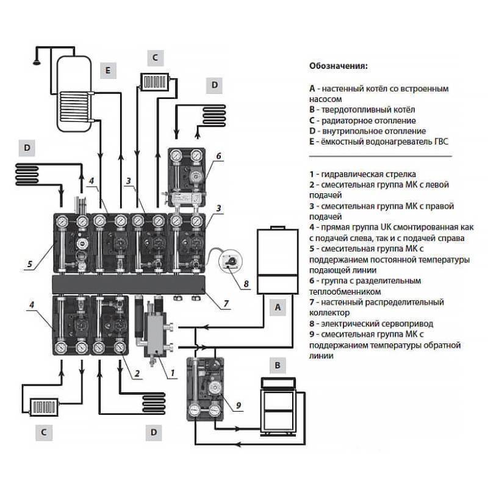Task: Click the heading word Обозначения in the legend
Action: coord(339,65)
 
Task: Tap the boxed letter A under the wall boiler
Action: coord(278,308)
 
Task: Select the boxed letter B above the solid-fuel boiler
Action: coord(278,365)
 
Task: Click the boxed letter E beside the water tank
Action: coord(107,70)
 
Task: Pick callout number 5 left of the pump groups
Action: coord(29,264)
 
